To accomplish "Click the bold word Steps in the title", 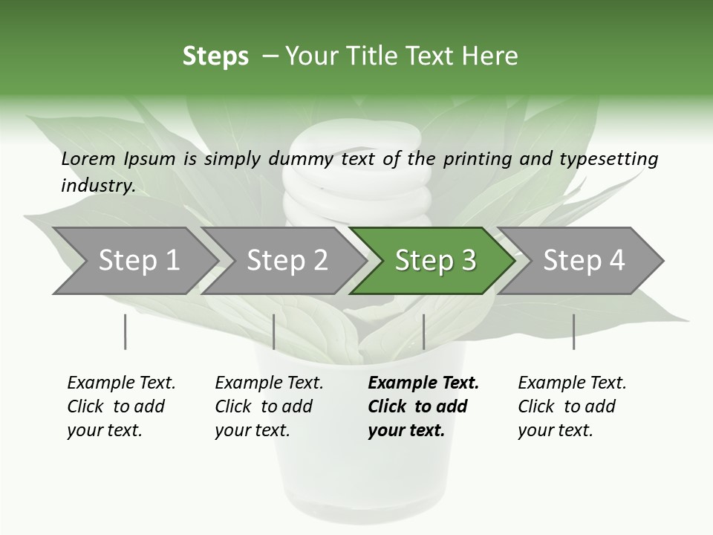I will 215,56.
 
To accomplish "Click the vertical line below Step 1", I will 126,331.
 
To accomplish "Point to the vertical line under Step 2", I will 274,331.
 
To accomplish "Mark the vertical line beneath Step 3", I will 423,331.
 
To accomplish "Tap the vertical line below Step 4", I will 573,331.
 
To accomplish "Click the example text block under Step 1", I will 120,406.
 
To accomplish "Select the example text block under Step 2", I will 268,406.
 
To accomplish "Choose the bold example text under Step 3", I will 423,406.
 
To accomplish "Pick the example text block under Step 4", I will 571,406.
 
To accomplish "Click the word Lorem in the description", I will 88,159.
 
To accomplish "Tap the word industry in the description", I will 97,185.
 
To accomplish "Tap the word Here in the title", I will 492,56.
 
